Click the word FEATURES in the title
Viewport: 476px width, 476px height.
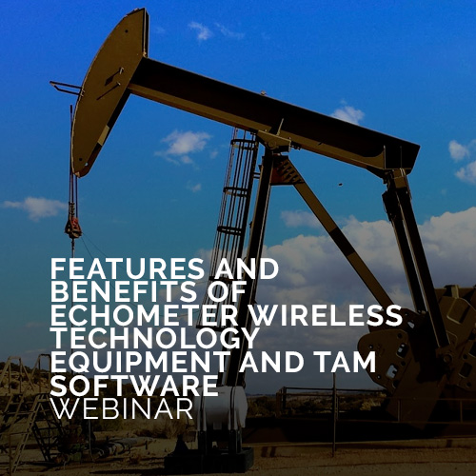[x=127, y=268]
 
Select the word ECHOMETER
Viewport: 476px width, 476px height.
[x=145, y=315]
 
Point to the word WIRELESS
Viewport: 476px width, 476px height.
[x=327, y=315]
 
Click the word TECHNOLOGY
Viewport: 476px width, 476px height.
[x=153, y=339]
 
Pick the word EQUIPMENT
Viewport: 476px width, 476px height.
[x=139, y=362]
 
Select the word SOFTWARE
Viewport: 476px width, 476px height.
[x=134, y=386]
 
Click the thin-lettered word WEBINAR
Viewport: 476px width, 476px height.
[x=122, y=408]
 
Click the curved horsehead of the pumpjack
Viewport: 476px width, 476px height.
[x=105, y=92]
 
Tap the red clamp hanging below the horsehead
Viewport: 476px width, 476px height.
[x=73, y=226]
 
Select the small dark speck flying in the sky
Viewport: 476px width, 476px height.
[x=341, y=184]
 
